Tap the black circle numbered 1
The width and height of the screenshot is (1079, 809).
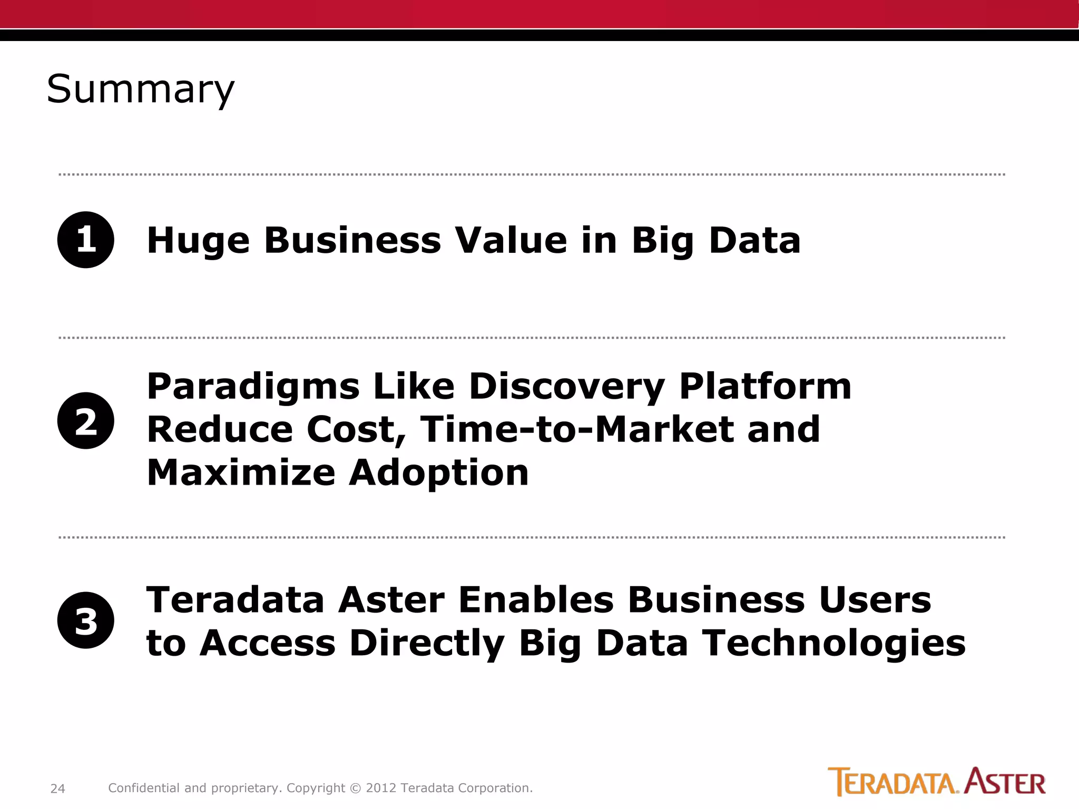point(86,240)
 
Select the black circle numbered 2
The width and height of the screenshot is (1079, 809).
point(86,421)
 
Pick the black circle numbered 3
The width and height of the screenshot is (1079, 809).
point(86,620)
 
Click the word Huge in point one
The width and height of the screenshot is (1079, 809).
point(198,241)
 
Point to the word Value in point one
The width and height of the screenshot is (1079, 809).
point(511,240)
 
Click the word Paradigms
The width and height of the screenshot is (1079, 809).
point(253,387)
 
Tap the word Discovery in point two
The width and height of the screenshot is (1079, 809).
point(566,387)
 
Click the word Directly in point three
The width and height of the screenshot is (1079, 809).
point(427,644)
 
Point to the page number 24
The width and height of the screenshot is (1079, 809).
point(57,788)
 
